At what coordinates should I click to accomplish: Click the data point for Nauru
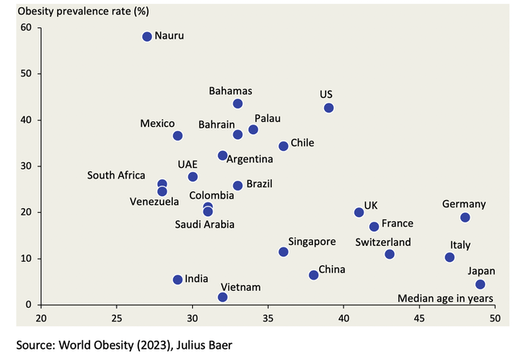coord(147,37)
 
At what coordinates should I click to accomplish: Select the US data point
coord(328,108)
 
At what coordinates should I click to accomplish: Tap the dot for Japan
coord(480,284)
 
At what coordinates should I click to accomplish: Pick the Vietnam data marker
coord(223,297)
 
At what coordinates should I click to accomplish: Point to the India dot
coord(178,280)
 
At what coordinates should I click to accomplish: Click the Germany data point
coord(465,218)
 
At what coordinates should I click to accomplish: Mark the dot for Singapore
coord(283,252)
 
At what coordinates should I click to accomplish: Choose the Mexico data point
coord(178,136)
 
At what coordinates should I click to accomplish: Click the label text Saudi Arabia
coord(205,224)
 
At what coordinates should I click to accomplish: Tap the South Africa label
coord(116,175)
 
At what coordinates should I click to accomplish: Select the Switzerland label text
coord(383,242)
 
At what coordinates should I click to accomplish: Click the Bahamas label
coord(231,91)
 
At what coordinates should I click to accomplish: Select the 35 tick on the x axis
coord(269,317)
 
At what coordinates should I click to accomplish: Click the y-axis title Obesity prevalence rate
coord(76,10)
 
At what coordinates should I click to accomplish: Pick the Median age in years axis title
coord(446,298)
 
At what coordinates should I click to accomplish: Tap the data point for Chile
coord(283,146)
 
